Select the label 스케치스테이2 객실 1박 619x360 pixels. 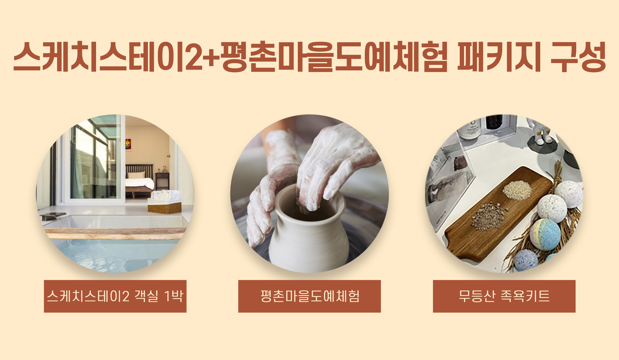115,296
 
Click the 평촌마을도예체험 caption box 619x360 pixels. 309,296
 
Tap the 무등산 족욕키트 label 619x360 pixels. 504,296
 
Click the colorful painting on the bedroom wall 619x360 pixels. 128,144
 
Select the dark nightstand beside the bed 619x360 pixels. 162,181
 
